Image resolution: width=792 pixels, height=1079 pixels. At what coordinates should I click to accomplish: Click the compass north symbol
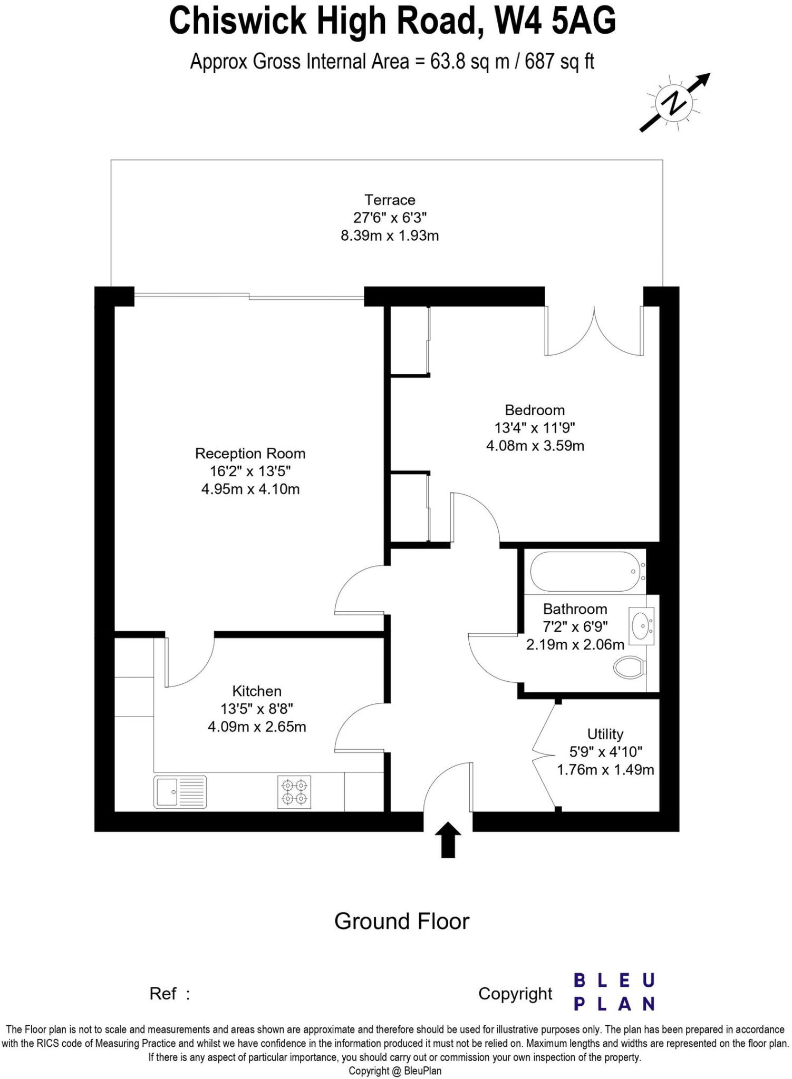[674, 103]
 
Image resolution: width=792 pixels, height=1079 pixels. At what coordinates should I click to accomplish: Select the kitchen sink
[180, 792]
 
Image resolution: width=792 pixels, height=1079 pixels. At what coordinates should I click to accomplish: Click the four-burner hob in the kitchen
[294, 792]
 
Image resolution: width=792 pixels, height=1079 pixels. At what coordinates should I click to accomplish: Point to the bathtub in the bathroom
[585, 572]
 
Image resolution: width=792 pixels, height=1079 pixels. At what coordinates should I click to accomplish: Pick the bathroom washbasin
[642, 626]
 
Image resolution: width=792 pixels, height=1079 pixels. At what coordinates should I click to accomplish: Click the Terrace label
[390, 200]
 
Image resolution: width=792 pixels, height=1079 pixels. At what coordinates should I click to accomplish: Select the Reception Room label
[250, 454]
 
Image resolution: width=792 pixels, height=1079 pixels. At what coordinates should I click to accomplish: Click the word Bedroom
[535, 410]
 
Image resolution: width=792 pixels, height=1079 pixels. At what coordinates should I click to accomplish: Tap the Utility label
[605, 734]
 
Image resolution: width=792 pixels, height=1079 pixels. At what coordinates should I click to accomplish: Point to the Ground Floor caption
[402, 921]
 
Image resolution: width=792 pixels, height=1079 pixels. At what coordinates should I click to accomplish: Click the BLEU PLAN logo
[614, 992]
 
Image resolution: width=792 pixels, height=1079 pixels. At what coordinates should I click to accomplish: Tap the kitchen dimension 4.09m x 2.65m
[257, 727]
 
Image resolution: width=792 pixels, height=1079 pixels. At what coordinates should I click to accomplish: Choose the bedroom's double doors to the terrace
[594, 332]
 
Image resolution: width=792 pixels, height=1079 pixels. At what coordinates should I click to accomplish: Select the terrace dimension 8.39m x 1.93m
[390, 236]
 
